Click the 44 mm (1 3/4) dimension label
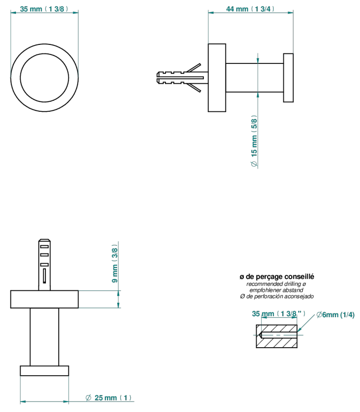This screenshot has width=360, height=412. [250, 9]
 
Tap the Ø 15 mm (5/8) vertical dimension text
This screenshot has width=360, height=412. [254, 141]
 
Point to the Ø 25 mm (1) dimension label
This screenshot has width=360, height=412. [108, 398]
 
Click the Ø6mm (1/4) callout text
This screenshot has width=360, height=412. [335, 315]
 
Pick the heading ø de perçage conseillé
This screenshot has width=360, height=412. [277, 276]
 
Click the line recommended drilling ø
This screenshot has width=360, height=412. [276, 284]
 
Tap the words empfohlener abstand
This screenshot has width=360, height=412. [276, 290]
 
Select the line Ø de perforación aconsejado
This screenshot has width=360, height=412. [277, 296]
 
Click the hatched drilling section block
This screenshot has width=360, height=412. [277, 336]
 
